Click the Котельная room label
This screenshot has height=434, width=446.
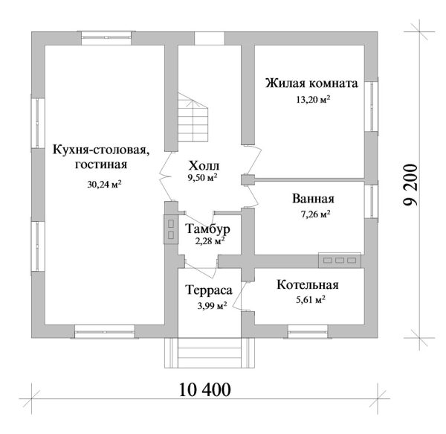(308, 285)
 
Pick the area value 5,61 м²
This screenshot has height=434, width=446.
(308, 300)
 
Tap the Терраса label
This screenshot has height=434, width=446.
(207, 290)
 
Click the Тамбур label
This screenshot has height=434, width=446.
(209, 229)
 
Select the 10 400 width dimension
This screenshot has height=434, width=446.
(204, 389)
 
